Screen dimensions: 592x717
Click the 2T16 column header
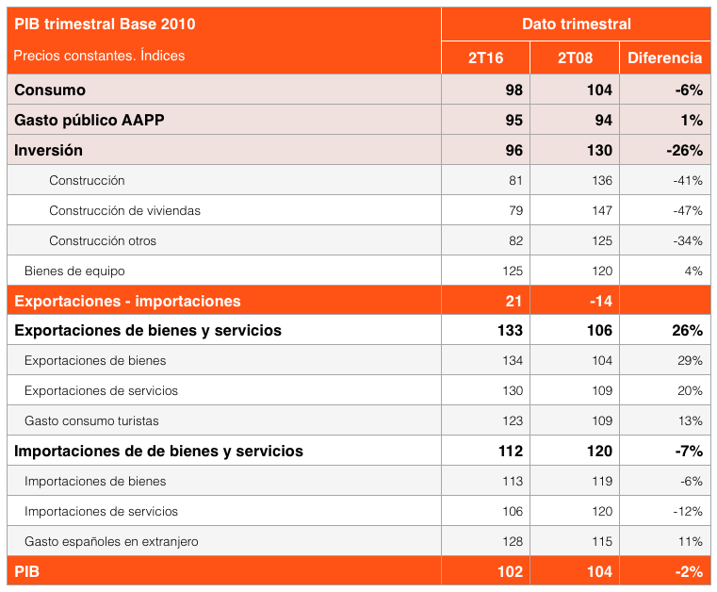click(485, 58)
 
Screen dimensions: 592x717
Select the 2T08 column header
click(575, 58)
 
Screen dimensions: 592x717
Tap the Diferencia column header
click(664, 58)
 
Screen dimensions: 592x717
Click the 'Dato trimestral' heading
click(576, 24)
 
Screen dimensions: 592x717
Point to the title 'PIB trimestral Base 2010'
click(105, 24)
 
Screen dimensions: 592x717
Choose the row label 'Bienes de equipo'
click(74, 271)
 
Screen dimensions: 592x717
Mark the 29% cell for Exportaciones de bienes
click(690, 360)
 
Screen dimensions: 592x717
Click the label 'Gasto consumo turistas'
click(91, 420)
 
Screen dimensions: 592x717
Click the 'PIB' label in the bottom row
click(26, 571)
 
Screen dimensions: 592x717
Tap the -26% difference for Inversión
click(684, 150)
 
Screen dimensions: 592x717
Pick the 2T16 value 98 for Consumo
click(513, 90)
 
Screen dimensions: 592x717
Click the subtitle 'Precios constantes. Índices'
click(99, 56)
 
